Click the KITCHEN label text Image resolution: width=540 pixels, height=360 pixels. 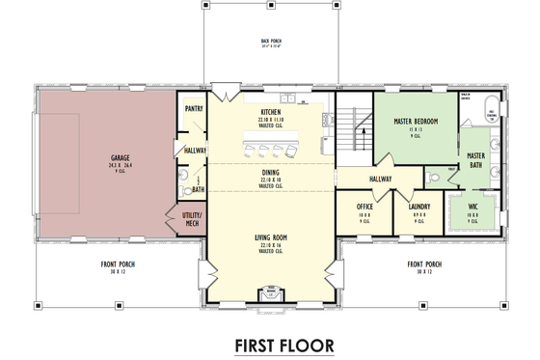270,112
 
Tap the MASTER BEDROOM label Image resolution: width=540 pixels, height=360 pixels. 416,123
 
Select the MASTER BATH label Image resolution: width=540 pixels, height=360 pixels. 475,160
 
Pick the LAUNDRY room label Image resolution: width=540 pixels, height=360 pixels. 418,206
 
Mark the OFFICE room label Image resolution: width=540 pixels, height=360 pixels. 364,206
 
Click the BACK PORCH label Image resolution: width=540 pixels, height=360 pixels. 270,42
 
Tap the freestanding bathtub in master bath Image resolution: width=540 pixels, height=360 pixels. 490,110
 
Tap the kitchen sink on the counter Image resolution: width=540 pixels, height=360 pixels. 301,101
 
